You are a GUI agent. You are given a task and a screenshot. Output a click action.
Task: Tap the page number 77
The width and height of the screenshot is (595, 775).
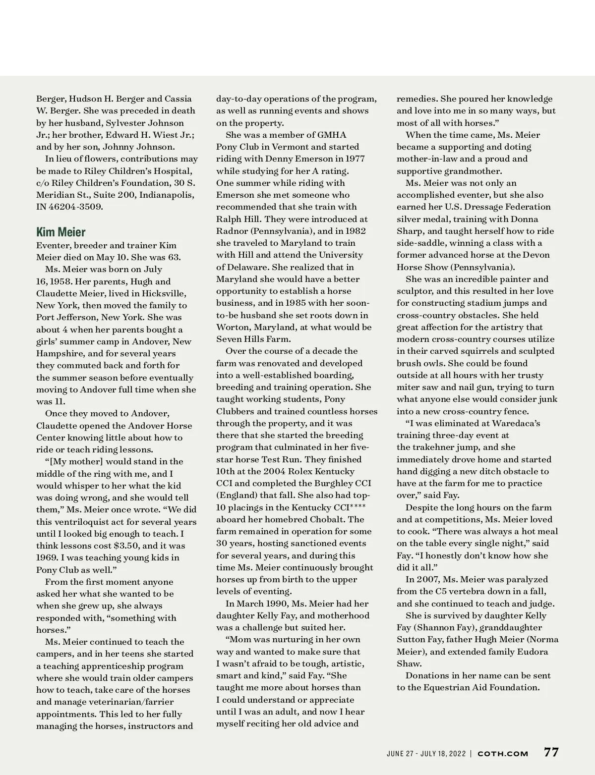tap(551, 752)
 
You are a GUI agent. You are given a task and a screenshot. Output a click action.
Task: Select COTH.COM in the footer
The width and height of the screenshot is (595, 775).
tap(503, 754)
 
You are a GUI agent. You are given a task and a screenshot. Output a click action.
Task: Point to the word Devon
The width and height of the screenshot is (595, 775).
tap(536, 255)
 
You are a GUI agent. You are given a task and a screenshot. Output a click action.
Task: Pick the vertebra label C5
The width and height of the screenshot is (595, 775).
tap(442, 591)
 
